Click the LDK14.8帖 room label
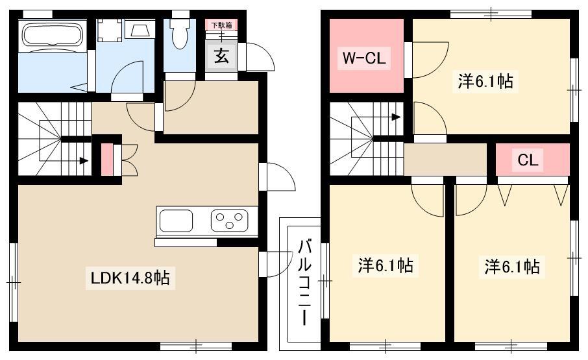130,278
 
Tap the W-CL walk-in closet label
363,58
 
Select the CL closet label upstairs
528,160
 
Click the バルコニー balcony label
304,282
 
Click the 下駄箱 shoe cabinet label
221,25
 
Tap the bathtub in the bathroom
53,36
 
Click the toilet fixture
180,32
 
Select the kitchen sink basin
177,221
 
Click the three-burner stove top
229,221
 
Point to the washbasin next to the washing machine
140,29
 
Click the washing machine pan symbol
110,30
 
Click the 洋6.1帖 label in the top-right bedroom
485,81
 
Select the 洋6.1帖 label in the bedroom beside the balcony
386,265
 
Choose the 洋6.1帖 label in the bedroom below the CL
512,267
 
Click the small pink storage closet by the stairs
107,160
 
